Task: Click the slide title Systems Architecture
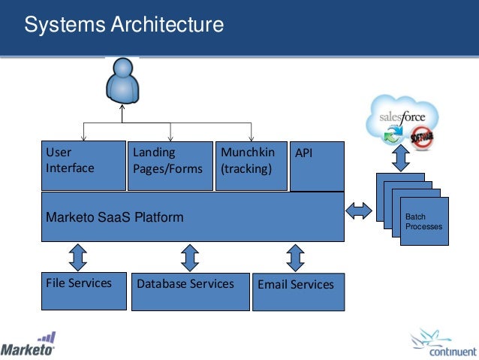click(124, 25)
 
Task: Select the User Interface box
click(83, 161)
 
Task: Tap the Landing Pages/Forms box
click(170, 161)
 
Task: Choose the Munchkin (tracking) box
click(251, 161)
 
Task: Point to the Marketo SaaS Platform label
click(115, 217)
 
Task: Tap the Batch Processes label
click(424, 222)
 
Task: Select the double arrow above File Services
click(77, 258)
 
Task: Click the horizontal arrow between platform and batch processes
click(359, 210)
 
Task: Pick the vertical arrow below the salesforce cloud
click(400, 159)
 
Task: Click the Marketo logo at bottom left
click(29, 345)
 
